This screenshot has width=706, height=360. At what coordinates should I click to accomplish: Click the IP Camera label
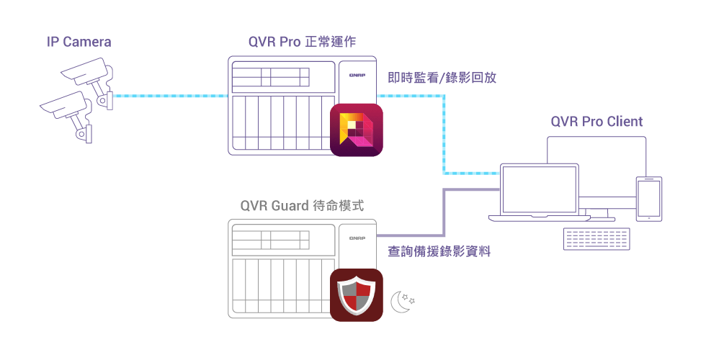79,42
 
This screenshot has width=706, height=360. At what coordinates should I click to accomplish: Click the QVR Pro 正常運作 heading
302,42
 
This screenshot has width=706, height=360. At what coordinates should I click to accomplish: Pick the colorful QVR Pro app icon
356,130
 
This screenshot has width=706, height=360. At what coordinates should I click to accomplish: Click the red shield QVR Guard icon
356,294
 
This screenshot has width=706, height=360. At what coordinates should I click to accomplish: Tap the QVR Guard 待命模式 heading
302,206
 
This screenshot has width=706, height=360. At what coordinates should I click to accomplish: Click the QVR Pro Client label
596,121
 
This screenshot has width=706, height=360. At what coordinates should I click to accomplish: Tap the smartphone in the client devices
649,199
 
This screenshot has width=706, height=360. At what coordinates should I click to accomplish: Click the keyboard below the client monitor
596,238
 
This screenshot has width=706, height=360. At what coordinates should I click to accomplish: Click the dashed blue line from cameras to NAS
169,95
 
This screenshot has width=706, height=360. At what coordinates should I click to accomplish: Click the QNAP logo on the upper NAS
357,73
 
